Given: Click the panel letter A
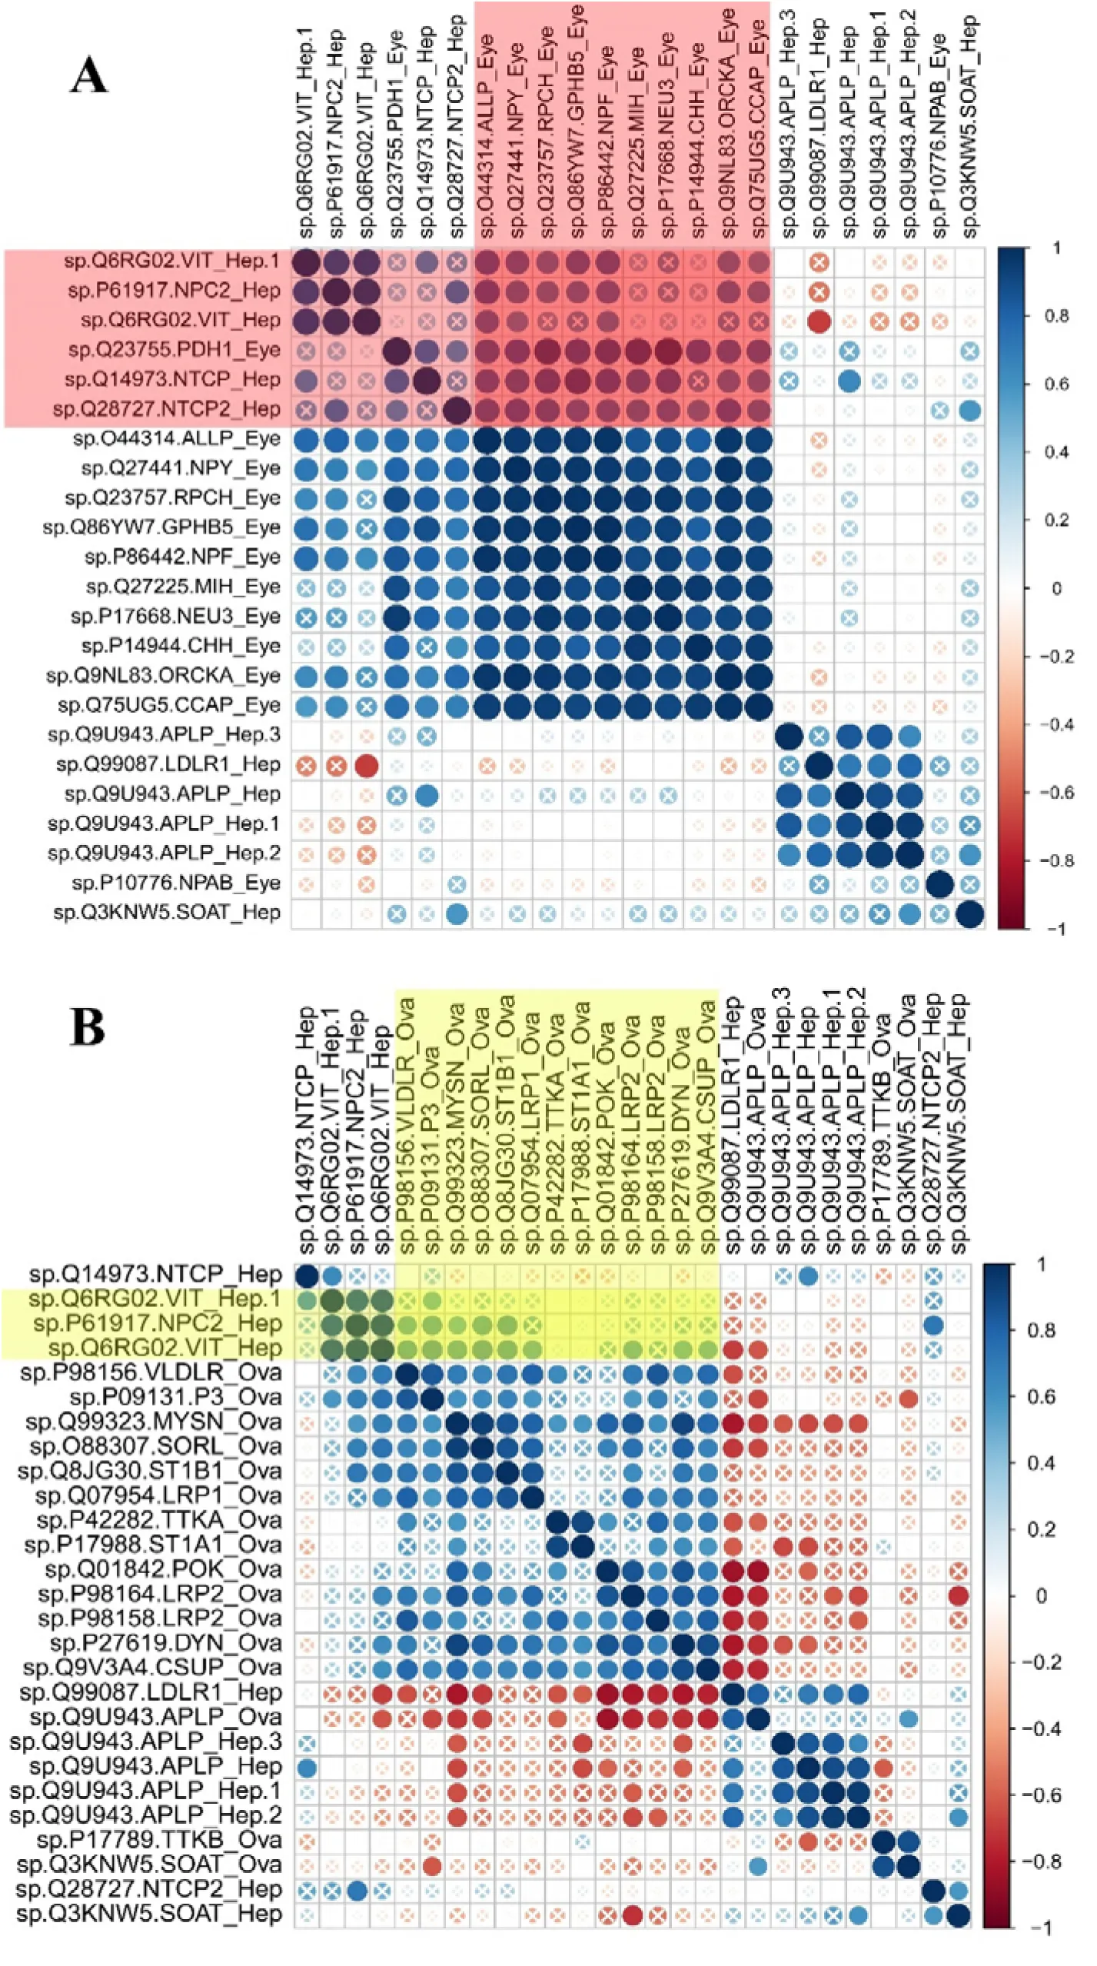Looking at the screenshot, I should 89,76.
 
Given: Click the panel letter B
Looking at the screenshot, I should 88,1027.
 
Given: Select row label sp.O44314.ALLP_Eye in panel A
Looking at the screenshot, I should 176,439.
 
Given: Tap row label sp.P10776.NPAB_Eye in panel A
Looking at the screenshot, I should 176,883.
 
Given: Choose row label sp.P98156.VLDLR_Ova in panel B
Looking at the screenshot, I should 151,1372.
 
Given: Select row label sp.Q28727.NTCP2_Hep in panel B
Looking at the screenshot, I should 149,1889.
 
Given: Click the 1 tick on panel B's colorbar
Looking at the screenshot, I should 1042,1265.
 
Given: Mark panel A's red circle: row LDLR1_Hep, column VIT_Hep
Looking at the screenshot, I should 367,766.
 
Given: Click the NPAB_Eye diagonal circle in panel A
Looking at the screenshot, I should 939,884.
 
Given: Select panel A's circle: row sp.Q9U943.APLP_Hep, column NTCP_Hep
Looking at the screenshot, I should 427,795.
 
